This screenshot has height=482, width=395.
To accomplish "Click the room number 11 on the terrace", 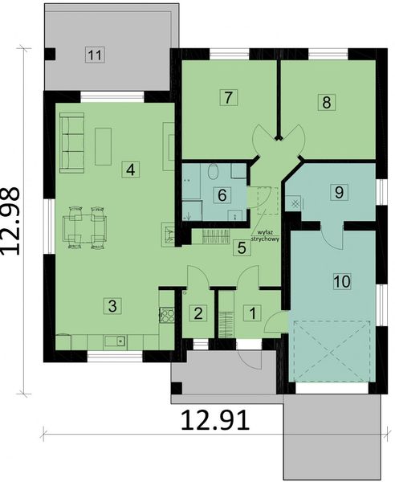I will click(95, 55).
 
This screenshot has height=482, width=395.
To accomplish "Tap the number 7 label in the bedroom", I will click(228, 98).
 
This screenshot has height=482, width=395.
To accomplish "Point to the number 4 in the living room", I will click(128, 169).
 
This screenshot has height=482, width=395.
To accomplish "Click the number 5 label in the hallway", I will click(240, 247).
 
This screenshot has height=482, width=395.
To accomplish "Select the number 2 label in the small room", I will click(197, 312).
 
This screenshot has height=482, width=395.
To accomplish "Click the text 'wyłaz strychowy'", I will click(264, 235).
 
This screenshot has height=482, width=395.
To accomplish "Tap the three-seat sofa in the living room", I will click(71, 142).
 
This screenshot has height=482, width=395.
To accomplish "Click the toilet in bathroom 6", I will click(214, 171).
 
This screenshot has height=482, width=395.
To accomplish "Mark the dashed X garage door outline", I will click(331, 350).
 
